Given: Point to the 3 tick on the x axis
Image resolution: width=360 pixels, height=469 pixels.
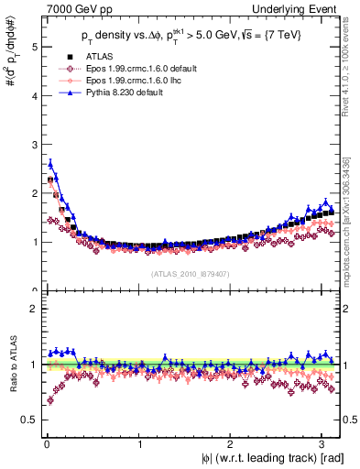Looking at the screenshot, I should pyautogui.click(x=323, y=446).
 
